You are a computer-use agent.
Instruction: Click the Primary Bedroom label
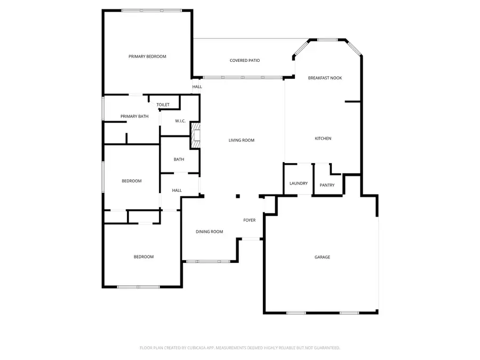click(x=147, y=57)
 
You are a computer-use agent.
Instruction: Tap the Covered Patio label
click(x=245, y=61)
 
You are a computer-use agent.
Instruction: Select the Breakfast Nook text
click(x=325, y=78)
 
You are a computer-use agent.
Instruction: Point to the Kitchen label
click(x=323, y=139)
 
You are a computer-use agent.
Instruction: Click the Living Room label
click(x=242, y=140)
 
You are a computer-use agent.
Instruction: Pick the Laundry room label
click(x=299, y=183)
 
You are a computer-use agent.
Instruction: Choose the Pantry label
click(x=327, y=185)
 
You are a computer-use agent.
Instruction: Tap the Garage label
click(x=322, y=257)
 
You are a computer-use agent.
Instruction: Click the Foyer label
click(x=250, y=220)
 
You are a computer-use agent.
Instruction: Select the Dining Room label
click(x=209, y=231)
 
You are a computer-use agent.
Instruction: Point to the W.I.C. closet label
click(x=180, y=121)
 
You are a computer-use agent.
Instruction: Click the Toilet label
click(x=163, y=105)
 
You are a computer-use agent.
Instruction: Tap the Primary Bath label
click(x=134, y=116)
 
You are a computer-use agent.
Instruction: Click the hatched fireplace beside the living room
click(x=196, y=135)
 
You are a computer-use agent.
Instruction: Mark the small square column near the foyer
click(x=238, y=196)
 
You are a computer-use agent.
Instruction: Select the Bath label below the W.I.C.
click(x=179, y=159)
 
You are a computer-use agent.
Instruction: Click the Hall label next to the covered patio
click(x=197, y=87)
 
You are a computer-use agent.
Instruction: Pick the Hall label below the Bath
click(x=177, y=190)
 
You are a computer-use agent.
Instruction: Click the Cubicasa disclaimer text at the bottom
click(x=240, y=348)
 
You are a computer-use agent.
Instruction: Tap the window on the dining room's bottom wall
click(x=208, y=261)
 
